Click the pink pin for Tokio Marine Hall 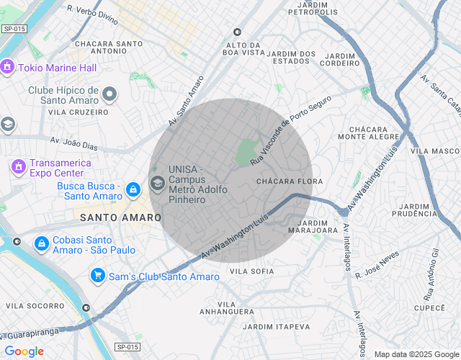pos(8,68)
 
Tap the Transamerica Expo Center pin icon pos(17,167)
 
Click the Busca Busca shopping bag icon pos(132,189)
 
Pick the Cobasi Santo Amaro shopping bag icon pos(41,244)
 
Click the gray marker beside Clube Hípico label pos(109,94)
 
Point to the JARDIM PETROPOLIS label pos(313,9)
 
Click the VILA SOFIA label pos(251,271)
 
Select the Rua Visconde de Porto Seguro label pos(290,130)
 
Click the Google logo pos(24,351)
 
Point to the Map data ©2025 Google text pos(416,354)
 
